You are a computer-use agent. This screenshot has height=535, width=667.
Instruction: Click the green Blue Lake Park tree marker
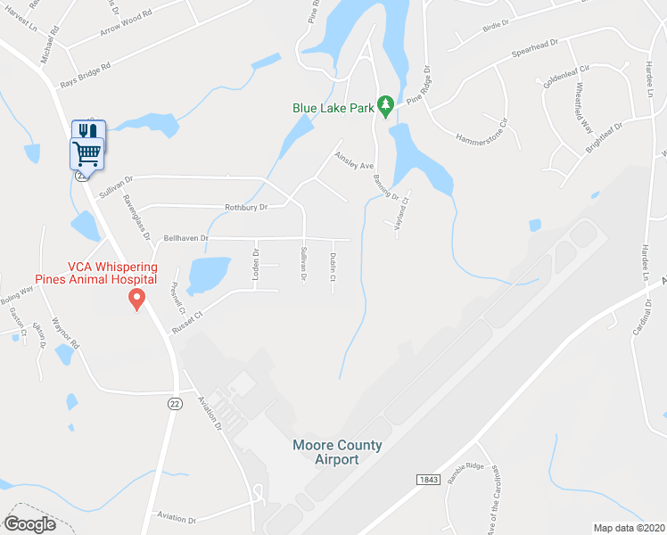click(x=385, y=107)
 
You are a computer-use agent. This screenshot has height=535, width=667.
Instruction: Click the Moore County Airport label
click(x=337, y=452)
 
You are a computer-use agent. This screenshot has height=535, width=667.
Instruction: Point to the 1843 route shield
click(x=428, y=480)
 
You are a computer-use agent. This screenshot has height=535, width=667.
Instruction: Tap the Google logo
click(x=29, y=523)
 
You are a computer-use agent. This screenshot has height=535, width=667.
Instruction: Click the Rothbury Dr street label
click(x=246, y=207)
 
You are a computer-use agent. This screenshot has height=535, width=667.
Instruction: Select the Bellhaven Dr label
click(x=185, y=238)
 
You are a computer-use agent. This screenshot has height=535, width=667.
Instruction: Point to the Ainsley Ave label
click(x=353, y=165)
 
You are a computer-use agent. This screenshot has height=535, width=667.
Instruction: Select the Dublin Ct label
click(x=333, y=267)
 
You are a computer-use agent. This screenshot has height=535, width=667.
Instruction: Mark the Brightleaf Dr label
click(x=605, y=140)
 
